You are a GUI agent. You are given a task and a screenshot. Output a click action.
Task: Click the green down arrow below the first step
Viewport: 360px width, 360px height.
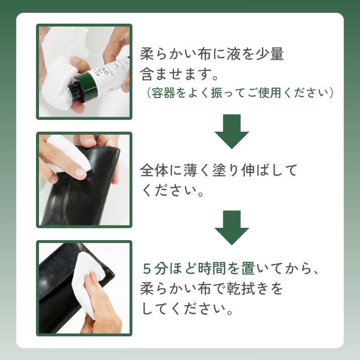pos(232,131)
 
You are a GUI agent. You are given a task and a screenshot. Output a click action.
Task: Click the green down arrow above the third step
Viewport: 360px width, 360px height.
pos(232,227)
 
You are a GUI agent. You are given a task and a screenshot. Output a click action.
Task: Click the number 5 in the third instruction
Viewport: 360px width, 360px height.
pos(147,269)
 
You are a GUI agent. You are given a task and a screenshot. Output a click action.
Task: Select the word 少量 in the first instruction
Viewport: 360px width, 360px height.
pos(270,54)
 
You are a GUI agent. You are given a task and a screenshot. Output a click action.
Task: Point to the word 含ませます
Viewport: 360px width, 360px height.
pos(176,74)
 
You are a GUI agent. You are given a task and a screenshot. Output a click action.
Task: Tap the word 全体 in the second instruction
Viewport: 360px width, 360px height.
pos(154,171)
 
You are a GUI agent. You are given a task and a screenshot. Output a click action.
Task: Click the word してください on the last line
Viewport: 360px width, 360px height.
pos(183,309)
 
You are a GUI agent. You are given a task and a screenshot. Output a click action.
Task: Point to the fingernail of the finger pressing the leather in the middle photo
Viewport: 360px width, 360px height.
pos(80,172)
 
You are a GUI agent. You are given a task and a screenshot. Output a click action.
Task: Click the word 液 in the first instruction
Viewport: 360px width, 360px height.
pos(234,54)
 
